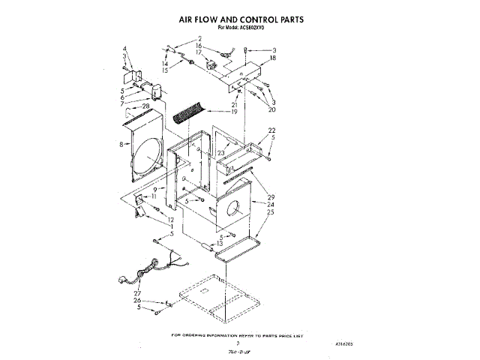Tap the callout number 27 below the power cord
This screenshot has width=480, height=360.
(137, 294)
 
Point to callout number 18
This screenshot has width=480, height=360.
(273, 58)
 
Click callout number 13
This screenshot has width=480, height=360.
(220, 244)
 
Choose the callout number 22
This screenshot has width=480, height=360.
(271, 130)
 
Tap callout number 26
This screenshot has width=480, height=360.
(137, 301)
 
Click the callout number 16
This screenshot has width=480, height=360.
(199, 46)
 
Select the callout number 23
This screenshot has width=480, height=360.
(220, 153)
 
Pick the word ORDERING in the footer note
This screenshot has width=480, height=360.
(204, 336)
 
